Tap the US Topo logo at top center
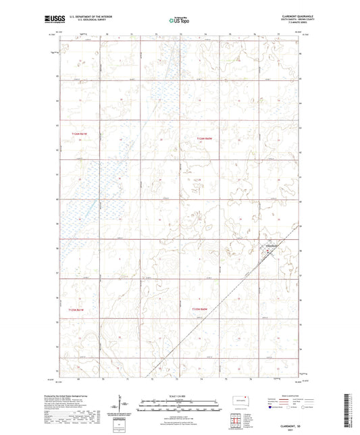click(x=180, y=20)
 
